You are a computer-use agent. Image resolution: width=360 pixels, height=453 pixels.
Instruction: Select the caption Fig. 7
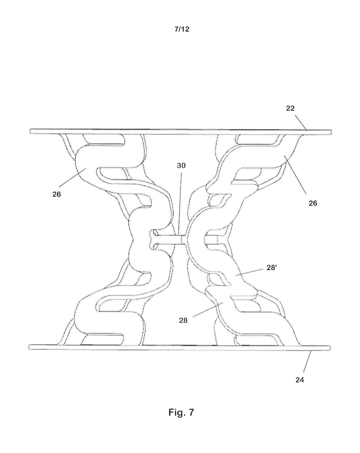[x=181, y=412]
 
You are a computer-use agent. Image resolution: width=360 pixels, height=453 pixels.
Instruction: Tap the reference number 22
[x=290, y=108]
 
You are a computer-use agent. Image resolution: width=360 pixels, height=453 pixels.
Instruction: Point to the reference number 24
[x=300, y=380]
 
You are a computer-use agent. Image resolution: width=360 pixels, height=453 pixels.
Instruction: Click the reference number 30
[x=181, y=166]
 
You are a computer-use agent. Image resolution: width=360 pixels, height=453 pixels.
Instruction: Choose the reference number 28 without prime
[x=183, y=320]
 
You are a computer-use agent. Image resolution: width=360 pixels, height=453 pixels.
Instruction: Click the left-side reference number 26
[x=56, y=194]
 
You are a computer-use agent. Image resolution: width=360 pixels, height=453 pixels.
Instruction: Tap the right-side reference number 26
[x=313, y=203]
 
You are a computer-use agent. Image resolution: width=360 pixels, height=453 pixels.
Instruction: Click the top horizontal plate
[x=180, y=131]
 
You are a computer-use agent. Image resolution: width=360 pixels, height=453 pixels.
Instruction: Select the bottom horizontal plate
[x=180, y=347]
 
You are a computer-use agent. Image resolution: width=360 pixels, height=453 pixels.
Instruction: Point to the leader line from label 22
[x=301, y=122]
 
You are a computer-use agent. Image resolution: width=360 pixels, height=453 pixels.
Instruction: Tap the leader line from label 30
[x=180, y=201]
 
